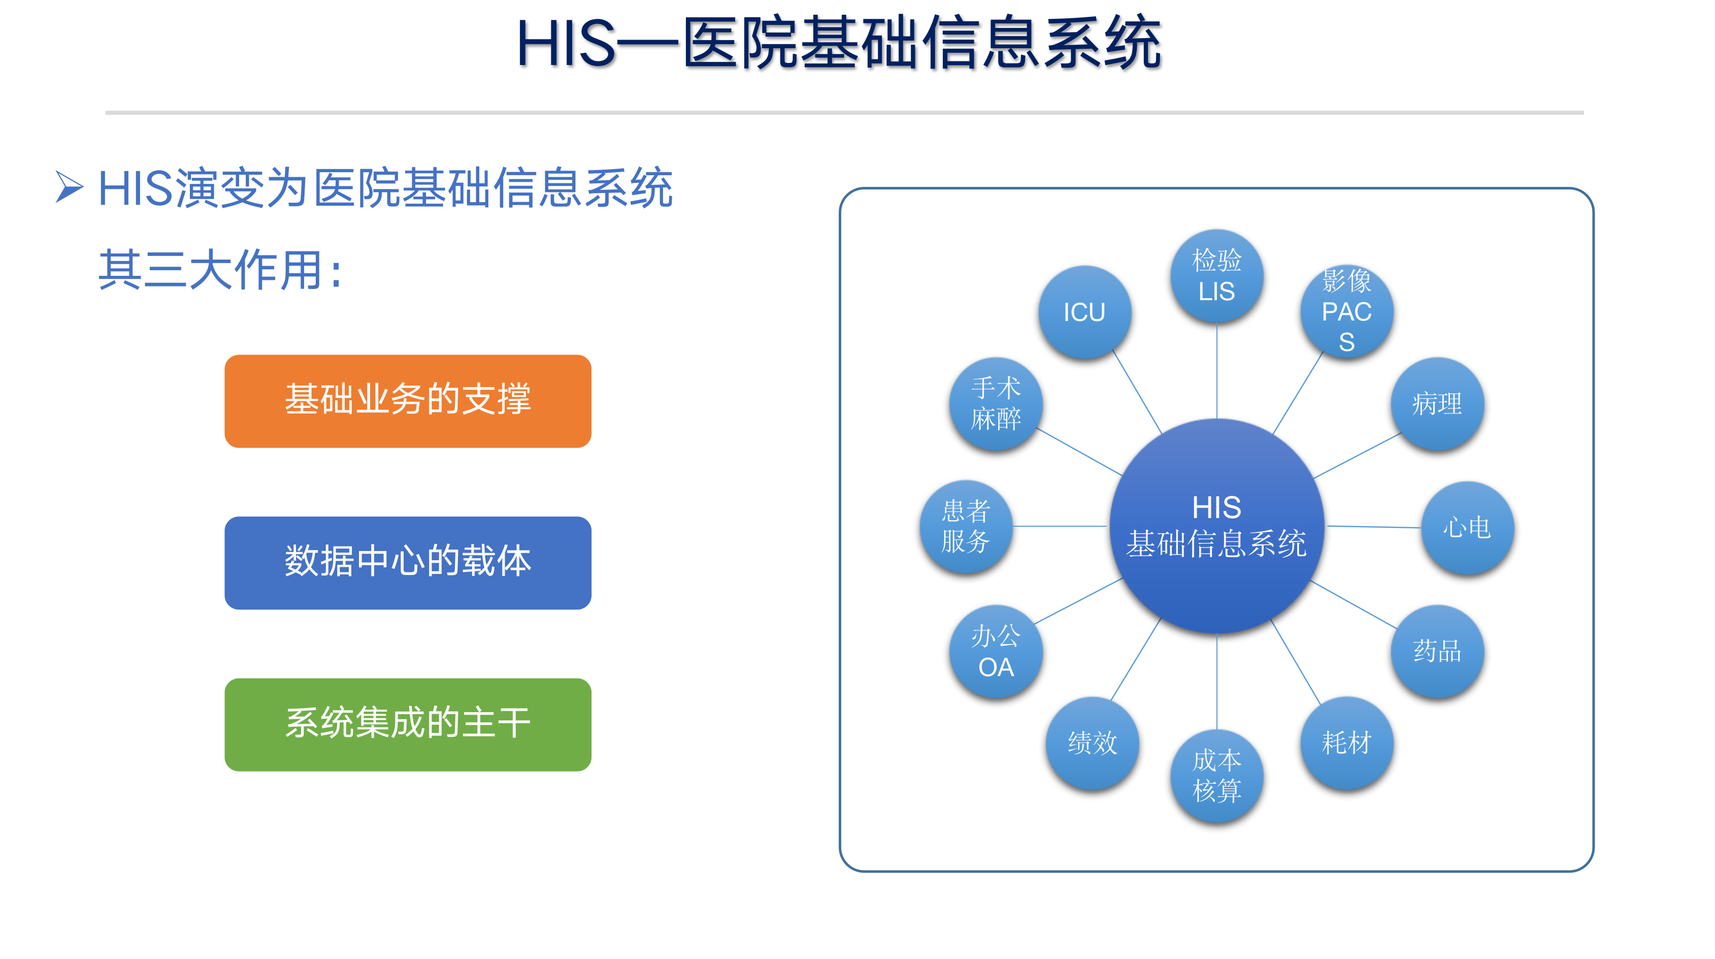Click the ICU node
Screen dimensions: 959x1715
pos(1084,312)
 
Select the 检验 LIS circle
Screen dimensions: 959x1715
pos(1217,276)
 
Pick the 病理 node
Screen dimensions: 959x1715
pos(1437,404)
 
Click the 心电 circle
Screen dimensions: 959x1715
pos(1467,527)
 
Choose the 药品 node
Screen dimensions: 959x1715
pos(1437,651)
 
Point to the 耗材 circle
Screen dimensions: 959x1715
pos(1347,743)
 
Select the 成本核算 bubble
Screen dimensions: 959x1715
pos(1217,776)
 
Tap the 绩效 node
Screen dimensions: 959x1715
pos(1093,743)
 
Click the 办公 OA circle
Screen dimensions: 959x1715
pos(996,651)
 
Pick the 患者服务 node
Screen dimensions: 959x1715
pos(966,526)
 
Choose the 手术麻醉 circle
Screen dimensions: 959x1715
pos(996,404)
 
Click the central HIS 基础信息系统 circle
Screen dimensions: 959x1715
pos(1217,526)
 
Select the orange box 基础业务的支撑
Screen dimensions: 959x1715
pos(408,401)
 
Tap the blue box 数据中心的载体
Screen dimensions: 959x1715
pos(408,563)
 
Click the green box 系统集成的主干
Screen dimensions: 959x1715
pos(408,724)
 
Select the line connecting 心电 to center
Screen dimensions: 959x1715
pos(1374,527)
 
